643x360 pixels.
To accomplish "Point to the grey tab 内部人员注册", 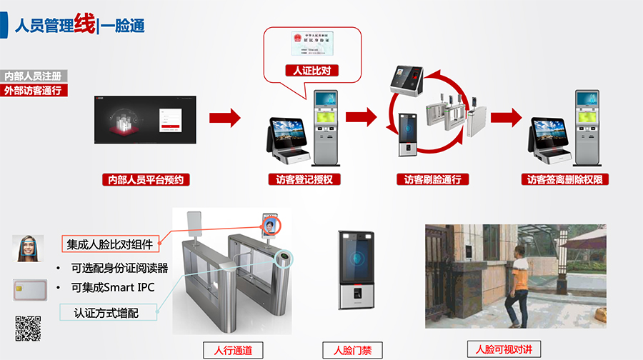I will click(33, 76).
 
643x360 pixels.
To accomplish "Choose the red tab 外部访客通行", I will click(33, 90).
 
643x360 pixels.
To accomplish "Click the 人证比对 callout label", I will click(311, 71).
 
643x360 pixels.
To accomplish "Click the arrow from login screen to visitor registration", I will click(224, 117).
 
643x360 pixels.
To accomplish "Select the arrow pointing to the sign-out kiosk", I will click(506, 117).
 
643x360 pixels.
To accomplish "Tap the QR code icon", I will click(28, 329).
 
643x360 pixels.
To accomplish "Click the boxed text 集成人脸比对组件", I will click(110, 244).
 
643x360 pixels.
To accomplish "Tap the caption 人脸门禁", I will click(352, 350).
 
